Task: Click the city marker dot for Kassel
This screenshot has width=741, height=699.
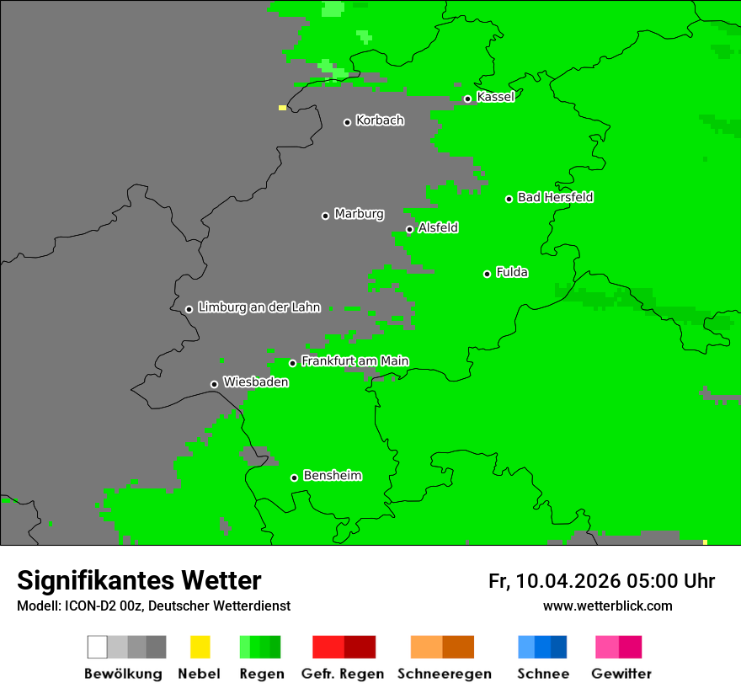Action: point(467,99)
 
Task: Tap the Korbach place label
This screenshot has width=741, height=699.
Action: point(380,120)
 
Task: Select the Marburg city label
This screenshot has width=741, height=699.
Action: point(359,214)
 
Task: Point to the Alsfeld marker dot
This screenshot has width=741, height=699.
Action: point(409,229)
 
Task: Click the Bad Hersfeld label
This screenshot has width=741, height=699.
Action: point(555,197)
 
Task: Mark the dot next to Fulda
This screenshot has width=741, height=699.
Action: point(487,274)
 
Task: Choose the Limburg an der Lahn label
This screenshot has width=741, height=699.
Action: point(259,307)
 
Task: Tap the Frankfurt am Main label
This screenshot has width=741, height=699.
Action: point(355,360)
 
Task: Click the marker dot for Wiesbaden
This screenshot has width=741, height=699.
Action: point(214,384)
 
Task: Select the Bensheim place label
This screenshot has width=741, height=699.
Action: point(332,476)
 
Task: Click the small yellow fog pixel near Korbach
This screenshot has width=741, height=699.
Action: point(282,108)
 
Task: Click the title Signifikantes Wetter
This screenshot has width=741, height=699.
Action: point(139,580)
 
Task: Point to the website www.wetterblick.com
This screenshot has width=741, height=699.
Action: point(607,606)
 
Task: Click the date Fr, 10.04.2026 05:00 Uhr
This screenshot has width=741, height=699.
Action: point(601,581)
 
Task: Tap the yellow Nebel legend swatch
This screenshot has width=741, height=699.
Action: point(200,647)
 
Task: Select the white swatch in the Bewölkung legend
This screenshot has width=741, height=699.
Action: point(97,647)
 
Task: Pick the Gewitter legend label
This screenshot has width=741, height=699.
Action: point(621,674)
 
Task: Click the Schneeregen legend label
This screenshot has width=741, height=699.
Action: point(445,674)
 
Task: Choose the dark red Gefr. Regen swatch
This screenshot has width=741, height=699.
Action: point(360,647)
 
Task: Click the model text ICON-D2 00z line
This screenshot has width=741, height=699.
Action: point(153,606)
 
